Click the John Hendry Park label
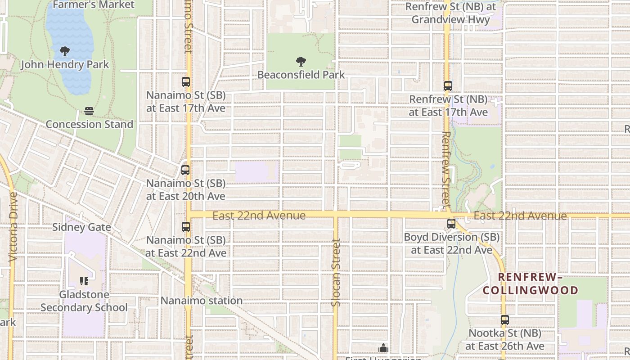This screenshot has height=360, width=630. point(65,64)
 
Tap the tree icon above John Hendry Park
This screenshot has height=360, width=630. point(65,51)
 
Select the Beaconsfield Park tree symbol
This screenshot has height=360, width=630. point(301,62)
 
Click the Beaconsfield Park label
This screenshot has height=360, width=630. point(301,75)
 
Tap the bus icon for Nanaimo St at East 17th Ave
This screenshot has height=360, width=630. point(185,82)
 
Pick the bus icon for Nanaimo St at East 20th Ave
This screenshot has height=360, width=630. point(185,170)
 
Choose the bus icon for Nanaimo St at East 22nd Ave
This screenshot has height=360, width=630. point(185,227)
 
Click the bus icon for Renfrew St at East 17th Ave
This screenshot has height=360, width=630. point(448,85)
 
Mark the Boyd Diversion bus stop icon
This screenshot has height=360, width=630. point(451,223)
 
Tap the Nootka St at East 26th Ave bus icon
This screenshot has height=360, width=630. point(504,320)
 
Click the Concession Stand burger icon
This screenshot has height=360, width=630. point(89,111)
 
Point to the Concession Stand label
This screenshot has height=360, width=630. point(89,124)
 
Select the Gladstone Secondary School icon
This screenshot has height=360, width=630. point(84,281)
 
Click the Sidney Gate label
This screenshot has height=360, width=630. point(81,227)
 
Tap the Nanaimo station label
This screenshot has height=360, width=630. point(202,301)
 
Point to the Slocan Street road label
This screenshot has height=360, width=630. point(336,273)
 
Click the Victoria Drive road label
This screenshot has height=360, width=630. point(13,228)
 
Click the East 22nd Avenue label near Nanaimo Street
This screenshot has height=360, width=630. point(259,216)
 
